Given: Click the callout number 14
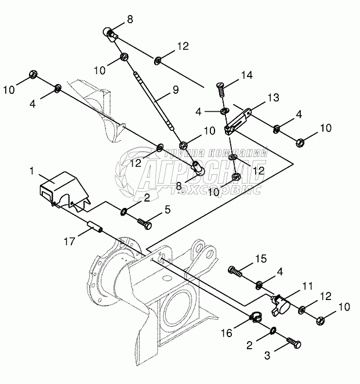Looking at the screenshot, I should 248,74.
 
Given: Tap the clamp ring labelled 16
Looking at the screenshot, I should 256,317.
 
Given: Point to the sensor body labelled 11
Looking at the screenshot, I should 282,302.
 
